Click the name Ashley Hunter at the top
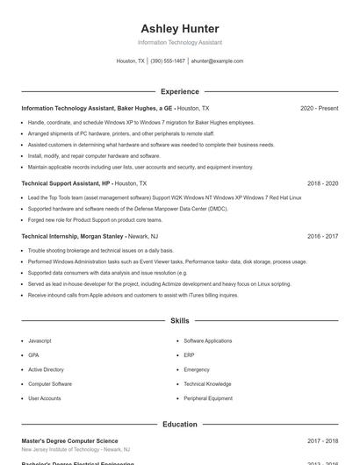point(180,29)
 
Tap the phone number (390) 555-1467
point(168,61)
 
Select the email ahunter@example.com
point(217,61)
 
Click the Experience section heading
point(180,91)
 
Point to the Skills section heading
point(180,321)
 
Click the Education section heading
point(180,425)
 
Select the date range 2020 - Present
point(319,108)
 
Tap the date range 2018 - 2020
point(322,183)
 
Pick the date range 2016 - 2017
point(322,236)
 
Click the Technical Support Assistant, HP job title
point(66,183)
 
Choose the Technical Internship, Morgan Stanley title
point(72,236)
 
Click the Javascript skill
point(40,340)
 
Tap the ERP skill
point(189,355)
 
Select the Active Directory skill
point(46,369)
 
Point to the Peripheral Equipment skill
point(207,398)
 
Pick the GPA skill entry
point(33,355)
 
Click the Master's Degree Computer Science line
point(69,441)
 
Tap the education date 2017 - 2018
point(322,441)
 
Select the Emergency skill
point(197,369)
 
